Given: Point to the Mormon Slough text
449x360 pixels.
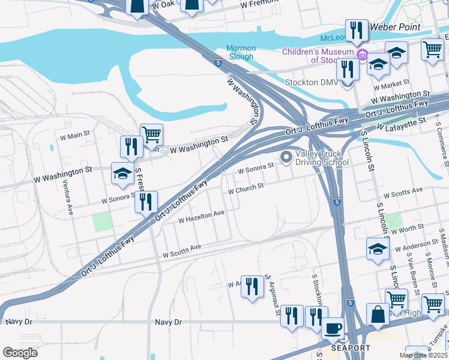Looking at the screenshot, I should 241,52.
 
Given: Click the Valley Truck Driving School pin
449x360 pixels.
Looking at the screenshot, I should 286,157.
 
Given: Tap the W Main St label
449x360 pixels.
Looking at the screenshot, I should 74,134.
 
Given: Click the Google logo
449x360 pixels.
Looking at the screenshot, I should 20,353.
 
